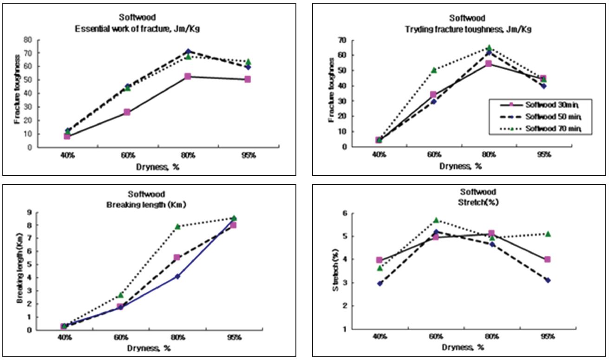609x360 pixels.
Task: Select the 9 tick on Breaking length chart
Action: click(29, 212)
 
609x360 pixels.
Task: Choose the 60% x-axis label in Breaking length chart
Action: click(120, 336)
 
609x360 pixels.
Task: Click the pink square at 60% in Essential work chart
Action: click(127, 112)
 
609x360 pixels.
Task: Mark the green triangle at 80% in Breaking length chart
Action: click(177, 226)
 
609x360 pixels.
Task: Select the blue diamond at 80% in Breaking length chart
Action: click(177, 276)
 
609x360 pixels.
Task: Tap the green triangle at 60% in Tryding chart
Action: click(434, 70)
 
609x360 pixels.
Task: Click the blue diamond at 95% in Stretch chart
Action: click(548, 280)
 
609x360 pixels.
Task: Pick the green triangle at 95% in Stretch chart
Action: click(548, 234)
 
